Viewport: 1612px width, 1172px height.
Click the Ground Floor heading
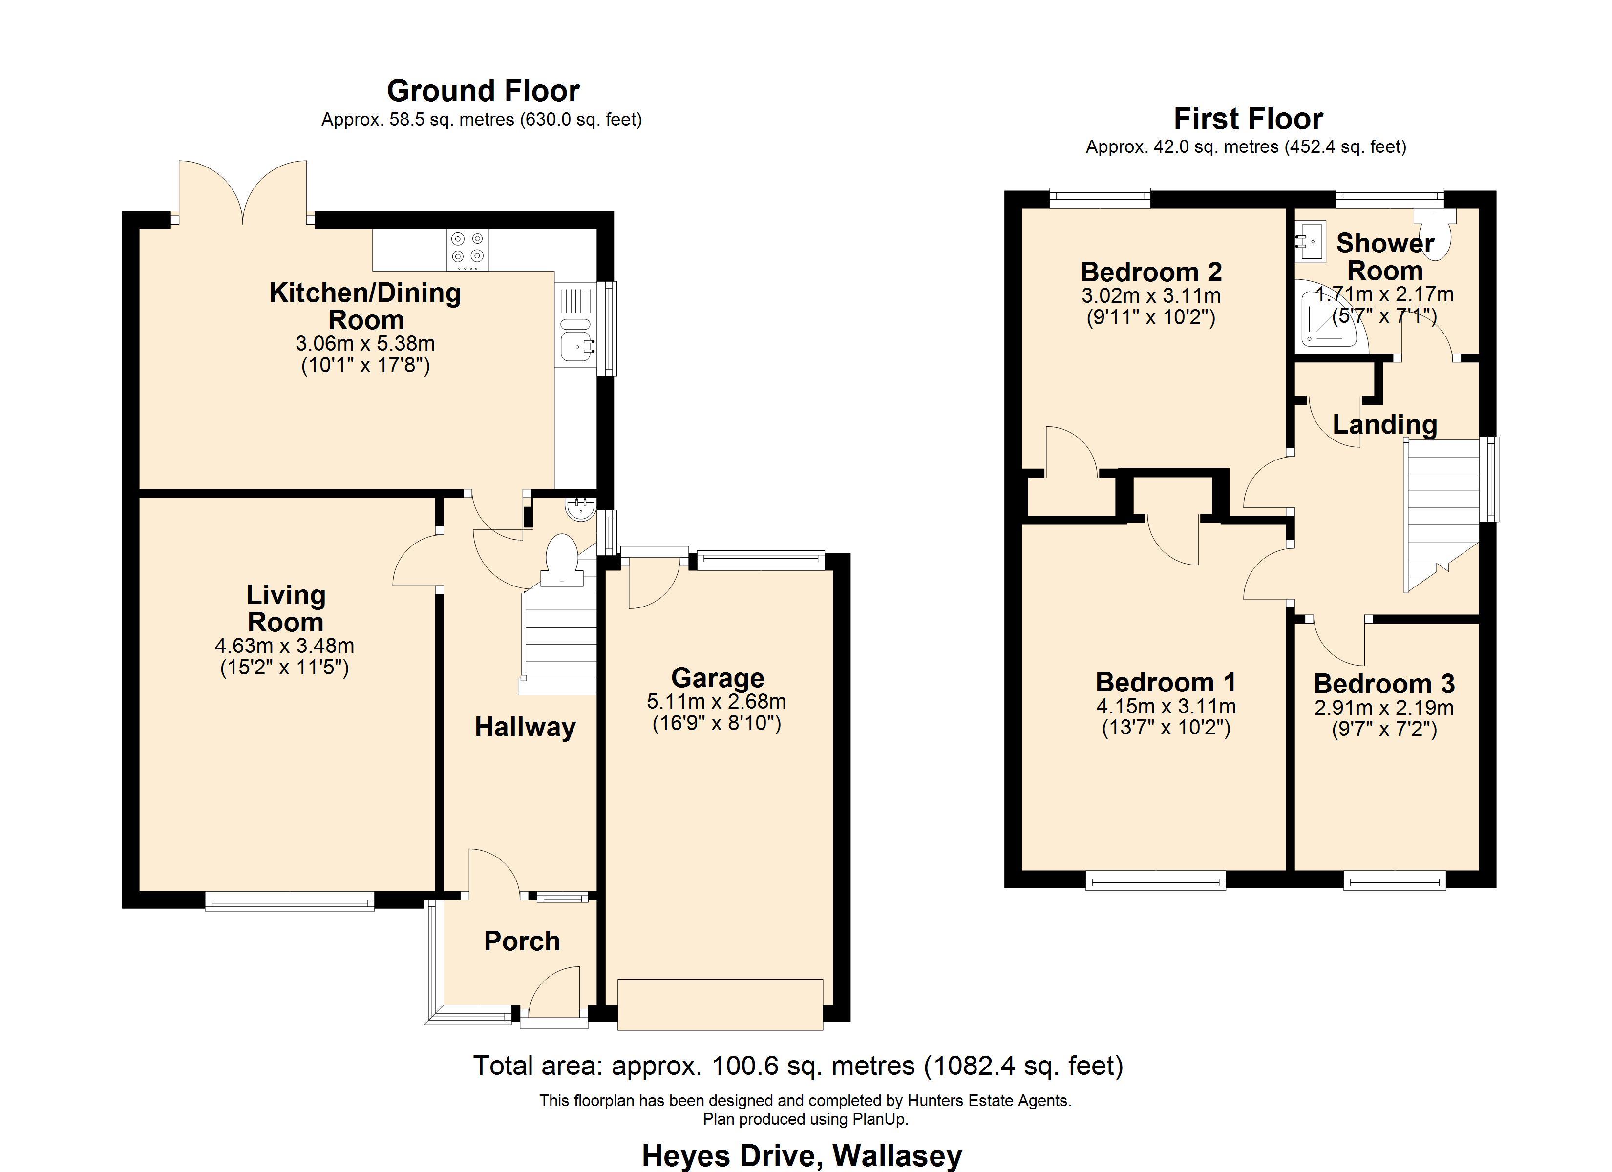point(483,91)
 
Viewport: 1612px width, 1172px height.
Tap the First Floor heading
point(1248,119)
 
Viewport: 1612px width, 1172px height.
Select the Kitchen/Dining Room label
point(365,306)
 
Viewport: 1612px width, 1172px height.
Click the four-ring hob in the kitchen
point(467,250)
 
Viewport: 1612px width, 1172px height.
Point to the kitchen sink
point(576,340)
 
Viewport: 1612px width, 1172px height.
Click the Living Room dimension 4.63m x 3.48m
point(284,646)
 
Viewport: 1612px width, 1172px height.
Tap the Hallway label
point(525,727)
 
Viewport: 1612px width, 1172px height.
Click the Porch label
point(522,941)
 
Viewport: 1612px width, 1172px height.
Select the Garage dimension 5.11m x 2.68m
point(717,702)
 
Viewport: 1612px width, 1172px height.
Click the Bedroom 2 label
point(1151,272)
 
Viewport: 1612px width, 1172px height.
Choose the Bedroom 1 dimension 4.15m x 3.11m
point(1166,707)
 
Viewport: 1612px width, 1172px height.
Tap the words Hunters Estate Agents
point(989,1101)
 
